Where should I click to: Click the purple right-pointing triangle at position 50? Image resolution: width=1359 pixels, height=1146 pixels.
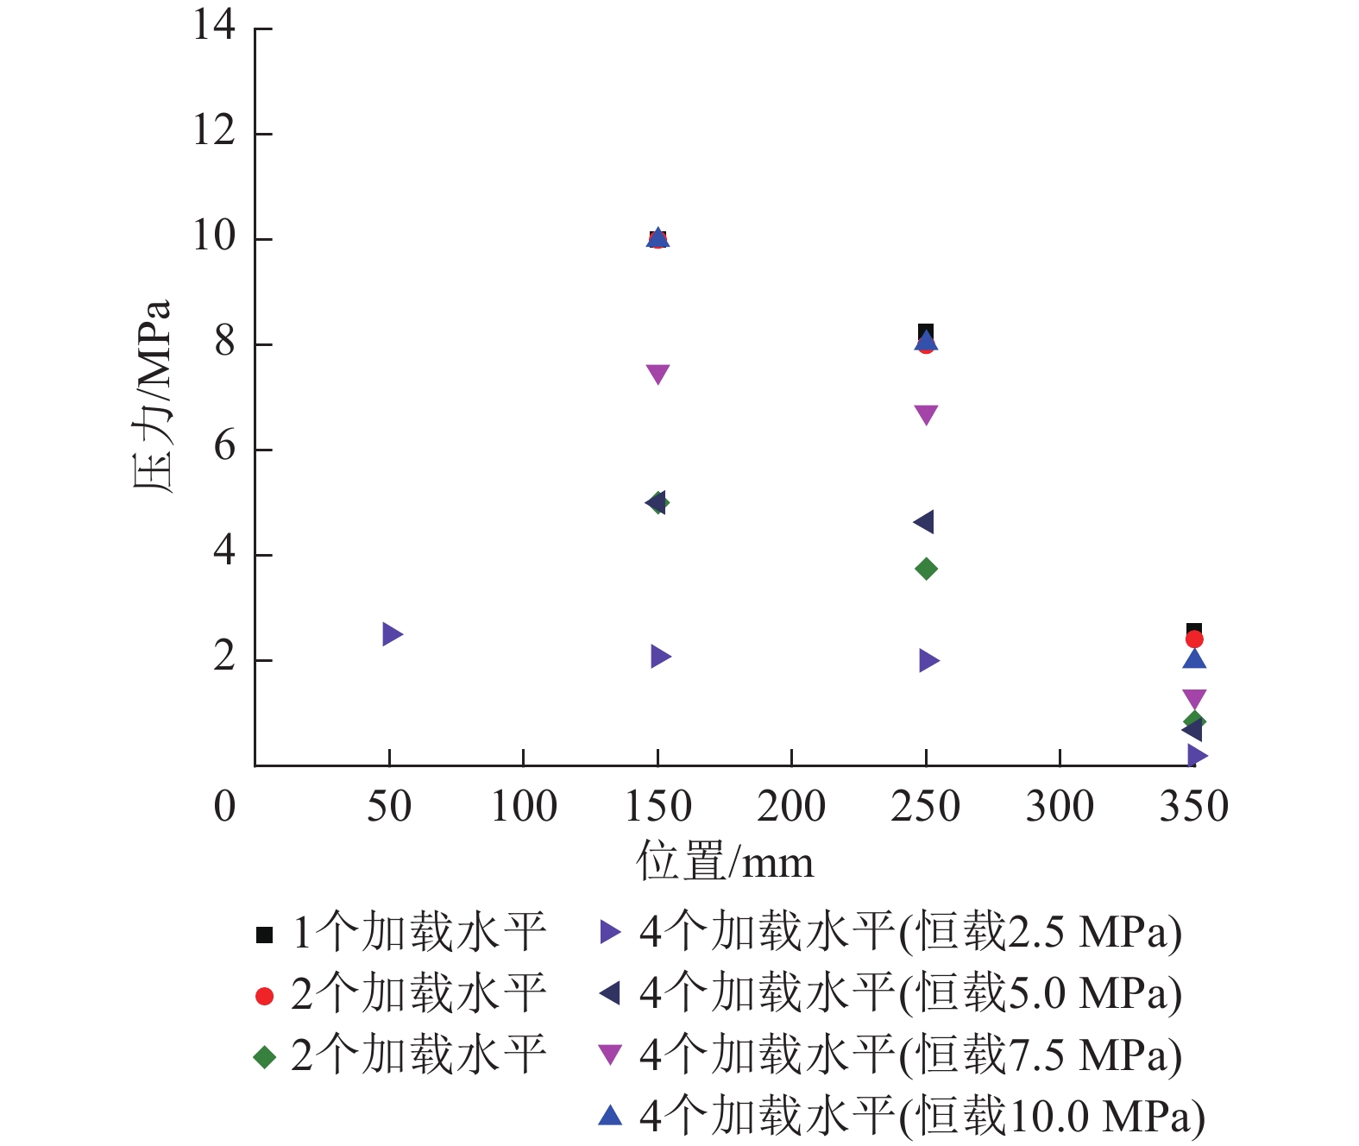[x=392, y=634]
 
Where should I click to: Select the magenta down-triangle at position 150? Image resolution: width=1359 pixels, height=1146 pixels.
[x=657, y=374]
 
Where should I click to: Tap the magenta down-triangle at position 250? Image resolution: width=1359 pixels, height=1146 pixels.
[x=926, y=414]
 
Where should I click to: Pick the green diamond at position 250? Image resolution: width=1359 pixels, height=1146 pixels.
[x=926, y=569]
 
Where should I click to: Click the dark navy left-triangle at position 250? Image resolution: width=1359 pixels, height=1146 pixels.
[x=923, y=522]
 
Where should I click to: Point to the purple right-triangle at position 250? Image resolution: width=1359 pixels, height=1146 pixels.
[x=928, y=661]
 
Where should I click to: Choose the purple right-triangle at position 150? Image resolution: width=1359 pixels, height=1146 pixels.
[x=660, y=657]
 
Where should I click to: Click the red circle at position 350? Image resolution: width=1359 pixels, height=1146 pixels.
[x=1194, y=639]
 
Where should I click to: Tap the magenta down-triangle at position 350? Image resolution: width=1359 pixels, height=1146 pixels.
[x=1194, y=699]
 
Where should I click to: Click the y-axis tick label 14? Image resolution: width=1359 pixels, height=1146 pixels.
[x=214, y=25]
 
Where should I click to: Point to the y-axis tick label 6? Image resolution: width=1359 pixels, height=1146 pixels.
[x=224, y=447]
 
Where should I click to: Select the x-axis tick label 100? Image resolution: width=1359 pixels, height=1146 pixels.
[x=524, y=807]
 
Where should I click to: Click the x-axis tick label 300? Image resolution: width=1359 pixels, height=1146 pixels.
[x=1060, y=807]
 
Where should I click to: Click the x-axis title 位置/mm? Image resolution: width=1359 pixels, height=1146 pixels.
[x=725, y=862]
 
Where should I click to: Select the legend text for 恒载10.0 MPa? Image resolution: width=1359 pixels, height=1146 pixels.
[x=922, y=1117]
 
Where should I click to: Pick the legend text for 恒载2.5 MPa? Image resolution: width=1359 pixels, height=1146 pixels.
[x=910, y=933]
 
